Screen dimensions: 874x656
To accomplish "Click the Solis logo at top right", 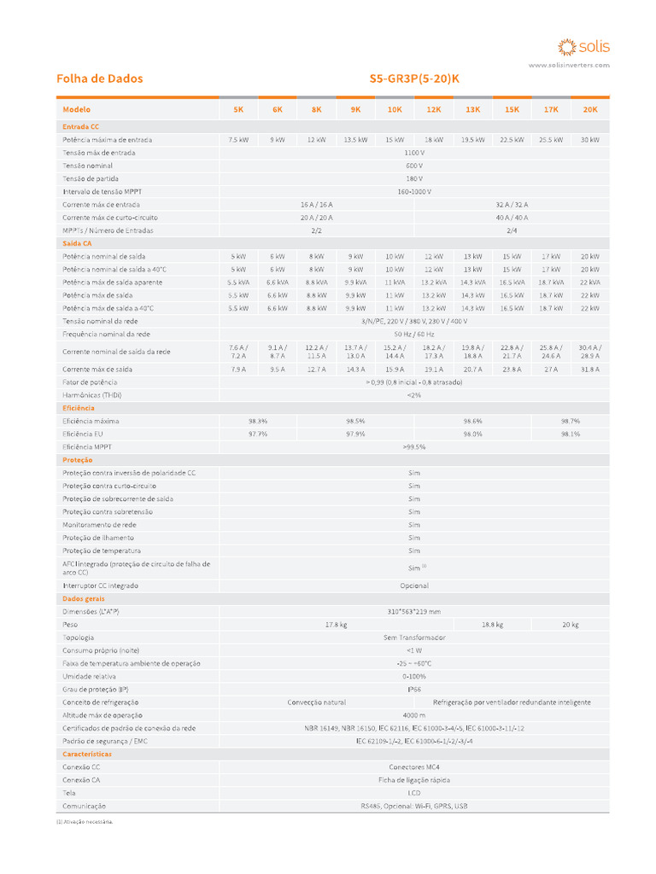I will [583, 46].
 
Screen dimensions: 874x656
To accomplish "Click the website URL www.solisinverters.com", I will [569, 65].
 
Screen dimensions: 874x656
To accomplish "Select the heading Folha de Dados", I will [99, 79].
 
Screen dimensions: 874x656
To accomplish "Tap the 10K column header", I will [395, 109].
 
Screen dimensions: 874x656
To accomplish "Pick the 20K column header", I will [590, 109].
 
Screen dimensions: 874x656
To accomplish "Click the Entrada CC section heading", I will [80, 126].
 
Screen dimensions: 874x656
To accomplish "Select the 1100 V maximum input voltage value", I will [414, 153].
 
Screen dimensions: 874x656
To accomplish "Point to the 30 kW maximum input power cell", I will [590, 139].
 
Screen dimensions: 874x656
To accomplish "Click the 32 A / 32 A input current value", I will [512, 205].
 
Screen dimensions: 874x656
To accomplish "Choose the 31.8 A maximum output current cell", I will [590, 370].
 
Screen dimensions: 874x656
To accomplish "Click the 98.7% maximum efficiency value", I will [571, 421].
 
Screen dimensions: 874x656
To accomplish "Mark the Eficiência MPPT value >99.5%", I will [414, 446].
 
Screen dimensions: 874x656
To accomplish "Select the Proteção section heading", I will [77, 460].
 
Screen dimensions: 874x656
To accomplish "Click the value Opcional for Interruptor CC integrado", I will [414, 586].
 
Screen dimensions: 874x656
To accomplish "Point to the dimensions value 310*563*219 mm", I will [414, 612].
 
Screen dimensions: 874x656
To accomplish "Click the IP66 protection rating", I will [414, 689].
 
